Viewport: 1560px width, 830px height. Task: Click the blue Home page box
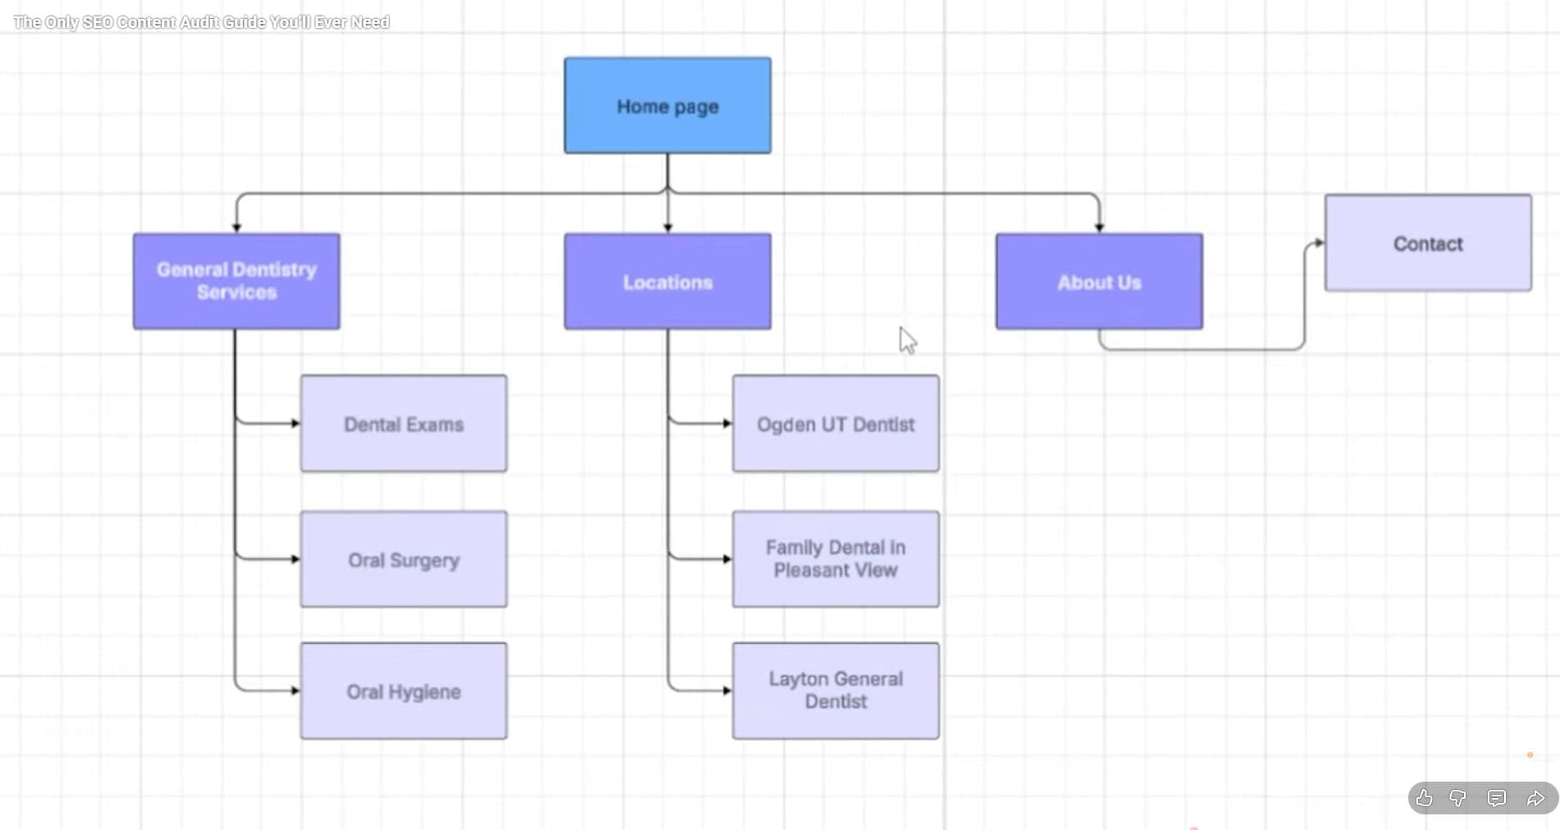pos(667,106)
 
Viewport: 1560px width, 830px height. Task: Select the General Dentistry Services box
pos(236,281)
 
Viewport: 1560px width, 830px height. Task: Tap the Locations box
pos(667,281)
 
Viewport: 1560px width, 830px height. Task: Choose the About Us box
pos(1099,281)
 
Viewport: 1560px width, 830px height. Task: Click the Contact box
pos(1428,243)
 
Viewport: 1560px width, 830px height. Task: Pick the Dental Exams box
pos(404,424)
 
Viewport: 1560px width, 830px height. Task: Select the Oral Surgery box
pos(404,559)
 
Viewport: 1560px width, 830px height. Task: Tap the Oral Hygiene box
pos(404,691)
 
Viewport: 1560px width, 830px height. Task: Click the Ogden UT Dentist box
pos(835,424)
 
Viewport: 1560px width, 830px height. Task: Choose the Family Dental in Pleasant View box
pos(835,559)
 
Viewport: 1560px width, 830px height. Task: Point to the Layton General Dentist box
pos(835,691)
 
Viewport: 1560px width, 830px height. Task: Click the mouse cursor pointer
pos(907,340)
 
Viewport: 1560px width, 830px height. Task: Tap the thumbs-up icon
pos(1424,798)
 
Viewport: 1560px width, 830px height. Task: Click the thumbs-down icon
pos(1458,798)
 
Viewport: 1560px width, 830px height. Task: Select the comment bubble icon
pos(1497,798)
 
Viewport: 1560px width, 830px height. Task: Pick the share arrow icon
pos(1535,798)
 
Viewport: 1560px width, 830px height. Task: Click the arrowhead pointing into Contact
pos(1319,243)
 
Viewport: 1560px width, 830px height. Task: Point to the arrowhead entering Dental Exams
pos(295,423)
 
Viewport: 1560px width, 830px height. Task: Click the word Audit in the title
pos(199,22)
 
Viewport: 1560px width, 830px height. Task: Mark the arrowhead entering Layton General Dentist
pos(727,691)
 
